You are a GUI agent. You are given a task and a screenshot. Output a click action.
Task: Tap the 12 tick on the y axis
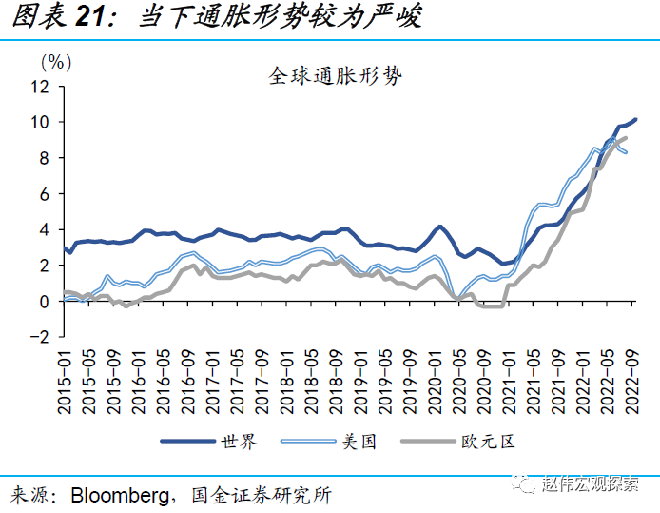click(x=39, y=87)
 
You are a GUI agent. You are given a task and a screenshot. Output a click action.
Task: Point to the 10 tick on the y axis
click(x=39, y=122)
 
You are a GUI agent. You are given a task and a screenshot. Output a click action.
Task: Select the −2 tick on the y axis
click(x=36, y=337)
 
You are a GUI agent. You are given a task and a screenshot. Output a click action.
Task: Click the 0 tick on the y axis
click(x=44, y=302)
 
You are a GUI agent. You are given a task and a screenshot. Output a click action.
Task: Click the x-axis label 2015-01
click(x=65, y=381)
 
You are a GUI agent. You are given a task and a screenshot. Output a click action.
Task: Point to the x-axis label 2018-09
click(x=338, y=381)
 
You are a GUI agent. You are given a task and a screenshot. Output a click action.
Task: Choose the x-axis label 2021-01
click(x=511, y=381)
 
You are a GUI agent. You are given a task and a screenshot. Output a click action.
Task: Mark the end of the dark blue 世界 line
click(x=635, y=119)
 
